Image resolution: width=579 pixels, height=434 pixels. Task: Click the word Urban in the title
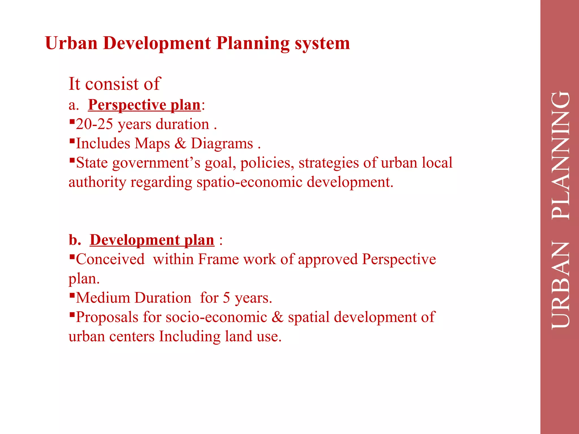(x=71, y=43)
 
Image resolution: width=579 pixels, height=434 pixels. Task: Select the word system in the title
(x=322, y=43)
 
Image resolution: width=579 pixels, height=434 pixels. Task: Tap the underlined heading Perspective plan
(x=144, y=105)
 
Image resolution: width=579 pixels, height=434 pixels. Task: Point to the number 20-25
(x=94, y=124)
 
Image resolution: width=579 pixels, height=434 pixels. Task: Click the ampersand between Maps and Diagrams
(x=180, y=143)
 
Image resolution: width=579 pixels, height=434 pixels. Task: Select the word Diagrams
(x=222, y=143)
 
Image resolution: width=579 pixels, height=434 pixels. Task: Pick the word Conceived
(x=110, y=259)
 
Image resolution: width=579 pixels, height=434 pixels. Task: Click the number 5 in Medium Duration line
(x=226, y=298)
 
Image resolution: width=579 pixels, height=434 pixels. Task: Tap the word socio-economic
(x=216, y=317)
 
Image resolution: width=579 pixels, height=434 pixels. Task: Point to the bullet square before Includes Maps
(x=72, y=140)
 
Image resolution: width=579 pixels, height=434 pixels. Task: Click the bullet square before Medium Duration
(x=72, y=295)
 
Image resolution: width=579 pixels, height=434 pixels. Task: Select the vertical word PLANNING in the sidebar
(x=561, y=156)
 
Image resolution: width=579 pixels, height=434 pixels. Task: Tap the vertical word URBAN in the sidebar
(x=561, y=285)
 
